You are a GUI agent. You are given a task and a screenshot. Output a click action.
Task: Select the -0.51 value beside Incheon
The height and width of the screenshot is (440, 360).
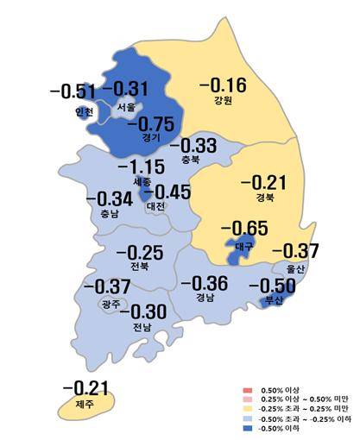click(73, 91)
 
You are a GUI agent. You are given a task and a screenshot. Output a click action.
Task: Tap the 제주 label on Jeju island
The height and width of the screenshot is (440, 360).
click(83, 404)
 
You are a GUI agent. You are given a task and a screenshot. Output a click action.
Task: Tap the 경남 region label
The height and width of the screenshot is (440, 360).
click(205, 299)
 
